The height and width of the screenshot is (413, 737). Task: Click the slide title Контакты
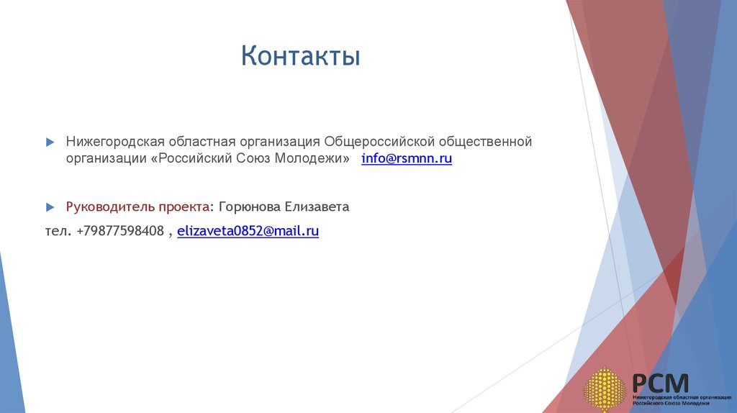(x=300, y=56)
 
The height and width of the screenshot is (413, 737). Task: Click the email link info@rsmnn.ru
(x=407, y=159)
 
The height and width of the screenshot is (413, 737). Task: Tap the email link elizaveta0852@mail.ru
(x=248, y=231)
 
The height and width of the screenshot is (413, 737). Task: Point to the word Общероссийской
(x=379, y=142)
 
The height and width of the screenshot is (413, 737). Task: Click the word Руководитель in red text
(x=107, y=207)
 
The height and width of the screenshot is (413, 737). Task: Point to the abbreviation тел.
(x=56, y=231)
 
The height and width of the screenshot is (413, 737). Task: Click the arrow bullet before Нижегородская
(x=50, y=142)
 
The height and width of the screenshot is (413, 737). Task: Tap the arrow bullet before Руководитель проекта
(x=50, y=207)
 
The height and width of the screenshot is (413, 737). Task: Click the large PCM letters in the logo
(x=660, y=383)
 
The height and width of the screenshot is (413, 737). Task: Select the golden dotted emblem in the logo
(x=603, y=389)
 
